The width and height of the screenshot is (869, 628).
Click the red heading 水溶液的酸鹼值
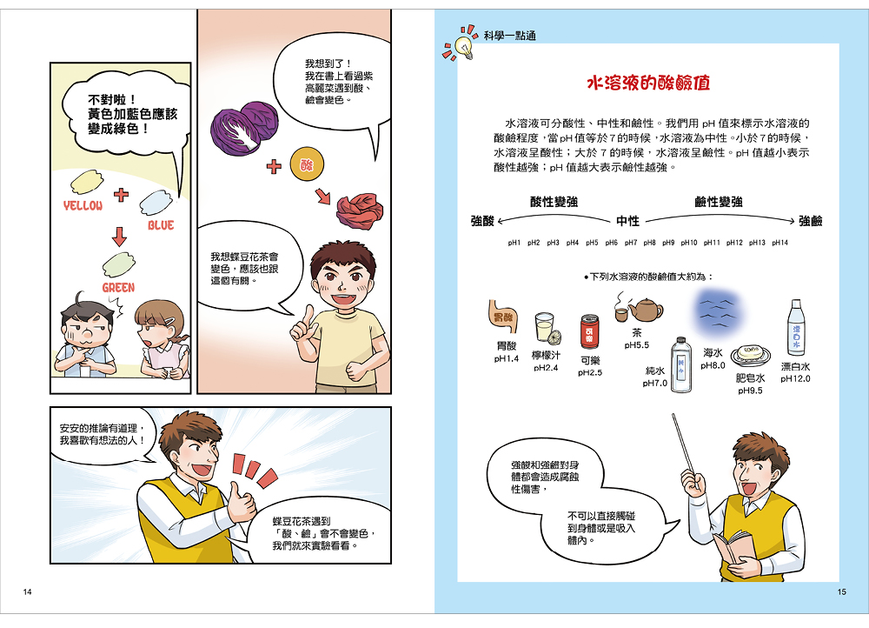[648, 84]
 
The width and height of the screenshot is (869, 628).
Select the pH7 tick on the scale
[631, 243]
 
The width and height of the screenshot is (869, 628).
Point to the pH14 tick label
[779, 243]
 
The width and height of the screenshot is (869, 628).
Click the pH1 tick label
[514, 243]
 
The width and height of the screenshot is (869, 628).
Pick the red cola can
[589, 331]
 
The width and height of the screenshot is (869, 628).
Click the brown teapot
[645, 311]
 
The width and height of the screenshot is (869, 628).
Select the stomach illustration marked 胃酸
[502, 317]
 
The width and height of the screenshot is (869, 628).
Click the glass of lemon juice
[544, 329]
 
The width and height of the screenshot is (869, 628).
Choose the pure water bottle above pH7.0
[681, 364]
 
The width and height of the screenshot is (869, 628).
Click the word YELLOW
[83, 206]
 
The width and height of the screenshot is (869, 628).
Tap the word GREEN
[118, 287]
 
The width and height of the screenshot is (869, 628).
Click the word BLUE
[161, 224]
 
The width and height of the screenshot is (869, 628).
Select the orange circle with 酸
[307, 164]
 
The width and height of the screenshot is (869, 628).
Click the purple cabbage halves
[244, 128]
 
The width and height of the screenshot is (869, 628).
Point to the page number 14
[27, 592]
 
